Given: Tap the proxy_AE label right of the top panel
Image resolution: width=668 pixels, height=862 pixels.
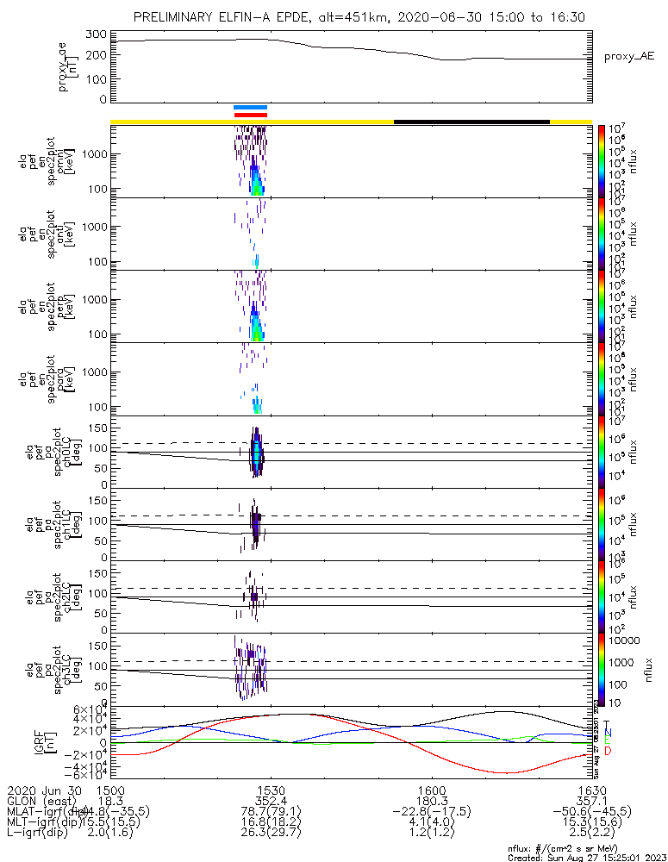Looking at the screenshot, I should coord(629,56).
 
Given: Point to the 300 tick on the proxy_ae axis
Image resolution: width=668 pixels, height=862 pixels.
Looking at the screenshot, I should coord(97,34).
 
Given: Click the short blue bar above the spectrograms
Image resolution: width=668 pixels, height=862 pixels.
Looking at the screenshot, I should coord(251,107).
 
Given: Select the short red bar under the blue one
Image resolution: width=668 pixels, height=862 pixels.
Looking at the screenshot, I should coord(251,114).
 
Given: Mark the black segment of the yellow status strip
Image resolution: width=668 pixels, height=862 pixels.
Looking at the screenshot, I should coord(471,122).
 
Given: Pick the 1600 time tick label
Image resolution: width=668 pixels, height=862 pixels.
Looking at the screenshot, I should coord(431,790).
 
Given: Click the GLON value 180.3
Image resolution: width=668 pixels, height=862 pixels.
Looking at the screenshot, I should coord(431,801).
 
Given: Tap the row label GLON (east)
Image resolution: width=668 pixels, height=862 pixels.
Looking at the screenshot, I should coord(38,801).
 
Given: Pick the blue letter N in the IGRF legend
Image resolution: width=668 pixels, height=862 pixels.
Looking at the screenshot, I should coord(607,733).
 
